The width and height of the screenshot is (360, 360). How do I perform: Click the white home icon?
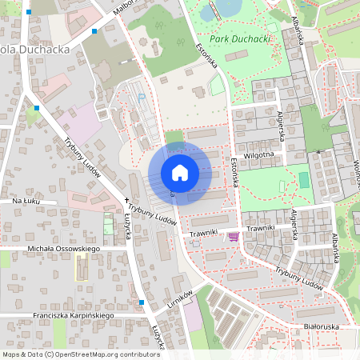tap(179, 173)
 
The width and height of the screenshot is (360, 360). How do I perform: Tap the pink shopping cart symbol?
tap(234, 237)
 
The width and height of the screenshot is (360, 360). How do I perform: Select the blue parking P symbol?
tap(142, 98)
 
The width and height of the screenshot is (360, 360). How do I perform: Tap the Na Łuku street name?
tap(27, 202)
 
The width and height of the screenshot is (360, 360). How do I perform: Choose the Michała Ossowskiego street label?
tap(62, 250)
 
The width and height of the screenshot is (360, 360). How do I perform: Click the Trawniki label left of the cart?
tap(204, 234)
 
